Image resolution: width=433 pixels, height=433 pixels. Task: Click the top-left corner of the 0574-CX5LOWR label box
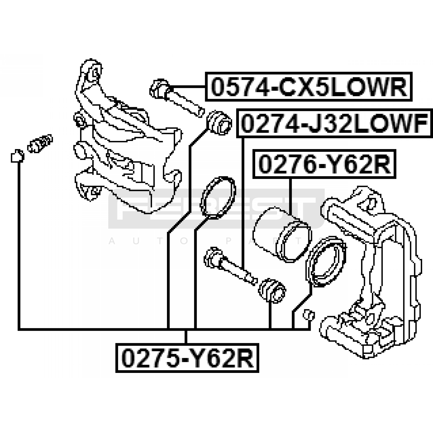click(205, 72)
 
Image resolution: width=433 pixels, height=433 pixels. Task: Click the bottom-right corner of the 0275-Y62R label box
click(259, 372)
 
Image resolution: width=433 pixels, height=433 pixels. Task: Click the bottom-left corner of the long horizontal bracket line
click(19, 329)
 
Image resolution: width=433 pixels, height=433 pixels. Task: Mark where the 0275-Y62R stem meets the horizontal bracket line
click(186, 329)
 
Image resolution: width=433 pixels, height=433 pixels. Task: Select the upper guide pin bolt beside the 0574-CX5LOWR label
click(176, 98)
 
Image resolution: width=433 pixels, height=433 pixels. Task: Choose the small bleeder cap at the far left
click(17, 156)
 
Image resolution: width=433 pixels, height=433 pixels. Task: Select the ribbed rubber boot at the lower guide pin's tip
click(272, 290)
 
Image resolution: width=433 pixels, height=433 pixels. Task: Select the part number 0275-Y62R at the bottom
click(187, 358)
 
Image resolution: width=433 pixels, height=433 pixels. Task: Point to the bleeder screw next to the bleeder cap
click(40, 143)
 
